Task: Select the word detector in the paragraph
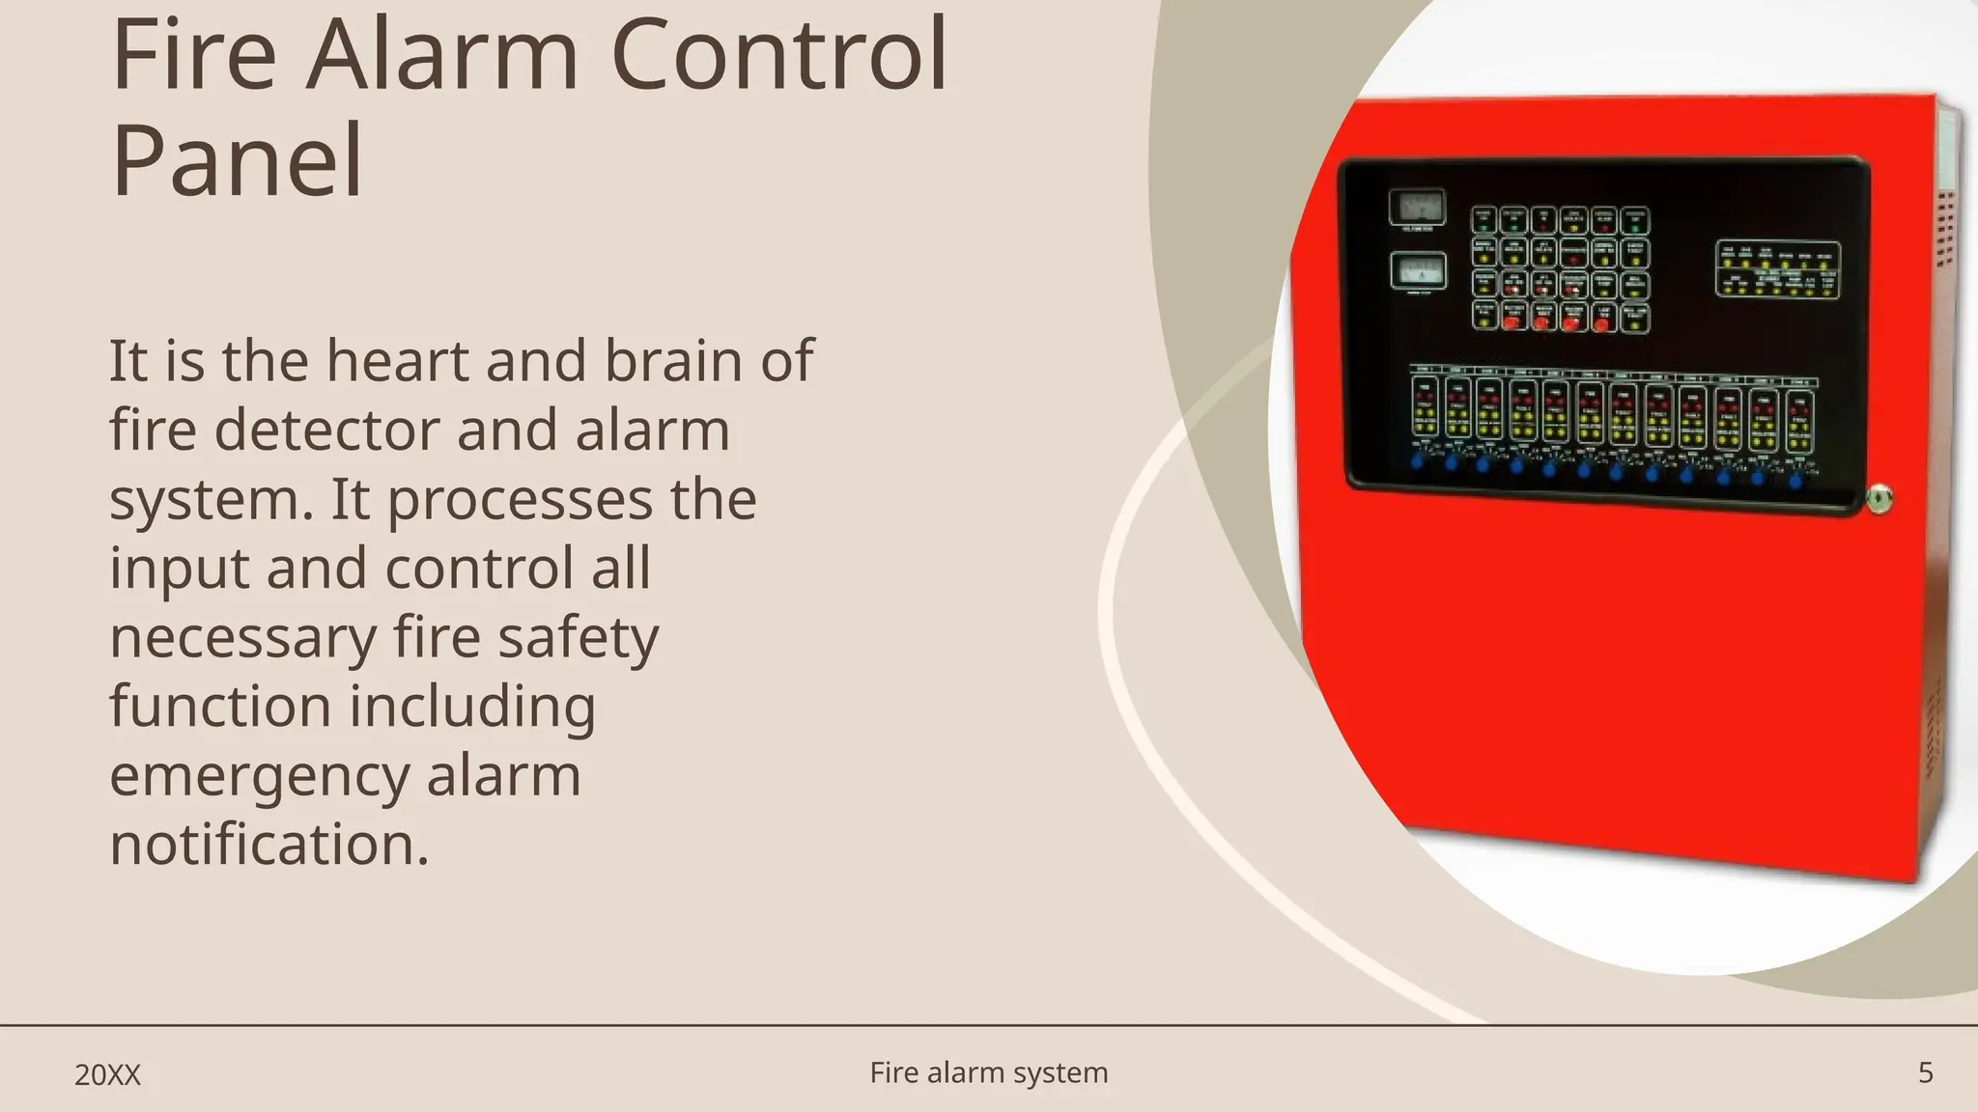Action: click(x=326, y=431)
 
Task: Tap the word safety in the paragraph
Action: click(x=578, y=638)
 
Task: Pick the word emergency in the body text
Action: click(x=259, y=778)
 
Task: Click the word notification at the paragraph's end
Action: click(x=268, y=846)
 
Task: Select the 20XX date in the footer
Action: click(x=108, y=1075)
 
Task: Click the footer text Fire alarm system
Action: click(x=989, y=1072)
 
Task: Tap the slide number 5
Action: click(x=1925, y=1072)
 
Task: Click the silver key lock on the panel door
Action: click(x=1879, y=499)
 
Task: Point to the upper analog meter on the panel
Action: click(x=1417, y=207)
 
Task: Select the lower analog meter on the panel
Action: click(x=1418, y=271)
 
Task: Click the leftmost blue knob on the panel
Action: click(x=1417, y=461)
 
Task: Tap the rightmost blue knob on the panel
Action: click(x=1795, y=480)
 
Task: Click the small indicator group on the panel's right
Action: click(x=1777, y=269)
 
